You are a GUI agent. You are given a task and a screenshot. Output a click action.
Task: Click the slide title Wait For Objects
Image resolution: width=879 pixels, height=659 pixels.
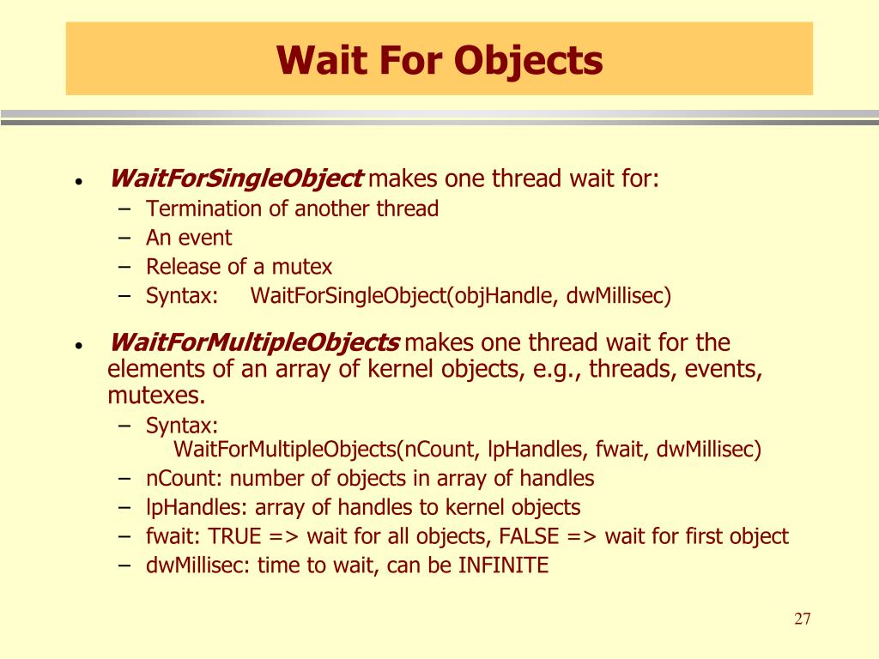coord(439,60)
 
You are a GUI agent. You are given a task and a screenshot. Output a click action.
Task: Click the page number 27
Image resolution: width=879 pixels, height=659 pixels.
coord(803,620)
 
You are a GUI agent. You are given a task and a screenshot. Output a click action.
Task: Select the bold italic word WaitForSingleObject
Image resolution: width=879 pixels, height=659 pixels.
coord(236,179)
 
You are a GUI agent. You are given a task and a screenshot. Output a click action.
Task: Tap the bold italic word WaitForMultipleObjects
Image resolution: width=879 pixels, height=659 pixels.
coord(254,343)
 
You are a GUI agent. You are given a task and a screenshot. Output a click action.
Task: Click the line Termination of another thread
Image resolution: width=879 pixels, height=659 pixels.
coord(292,209)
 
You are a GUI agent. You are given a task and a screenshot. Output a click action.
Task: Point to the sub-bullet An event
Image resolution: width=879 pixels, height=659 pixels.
coord(189,238)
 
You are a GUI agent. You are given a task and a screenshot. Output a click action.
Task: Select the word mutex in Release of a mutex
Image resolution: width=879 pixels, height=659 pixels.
coord(303,267)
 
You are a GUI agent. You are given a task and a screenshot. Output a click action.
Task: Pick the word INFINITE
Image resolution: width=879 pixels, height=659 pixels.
coord(504,565)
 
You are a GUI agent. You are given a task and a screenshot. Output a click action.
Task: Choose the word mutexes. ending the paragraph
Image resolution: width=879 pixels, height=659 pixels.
coord(157,396)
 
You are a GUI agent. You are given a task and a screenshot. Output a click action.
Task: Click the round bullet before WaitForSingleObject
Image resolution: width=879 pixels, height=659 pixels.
coord(78,183)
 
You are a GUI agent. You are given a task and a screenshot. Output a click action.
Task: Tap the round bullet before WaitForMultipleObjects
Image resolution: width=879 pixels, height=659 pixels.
coord(78,347)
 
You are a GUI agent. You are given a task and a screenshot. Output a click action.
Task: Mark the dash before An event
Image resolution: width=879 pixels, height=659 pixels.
coord(126,238)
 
